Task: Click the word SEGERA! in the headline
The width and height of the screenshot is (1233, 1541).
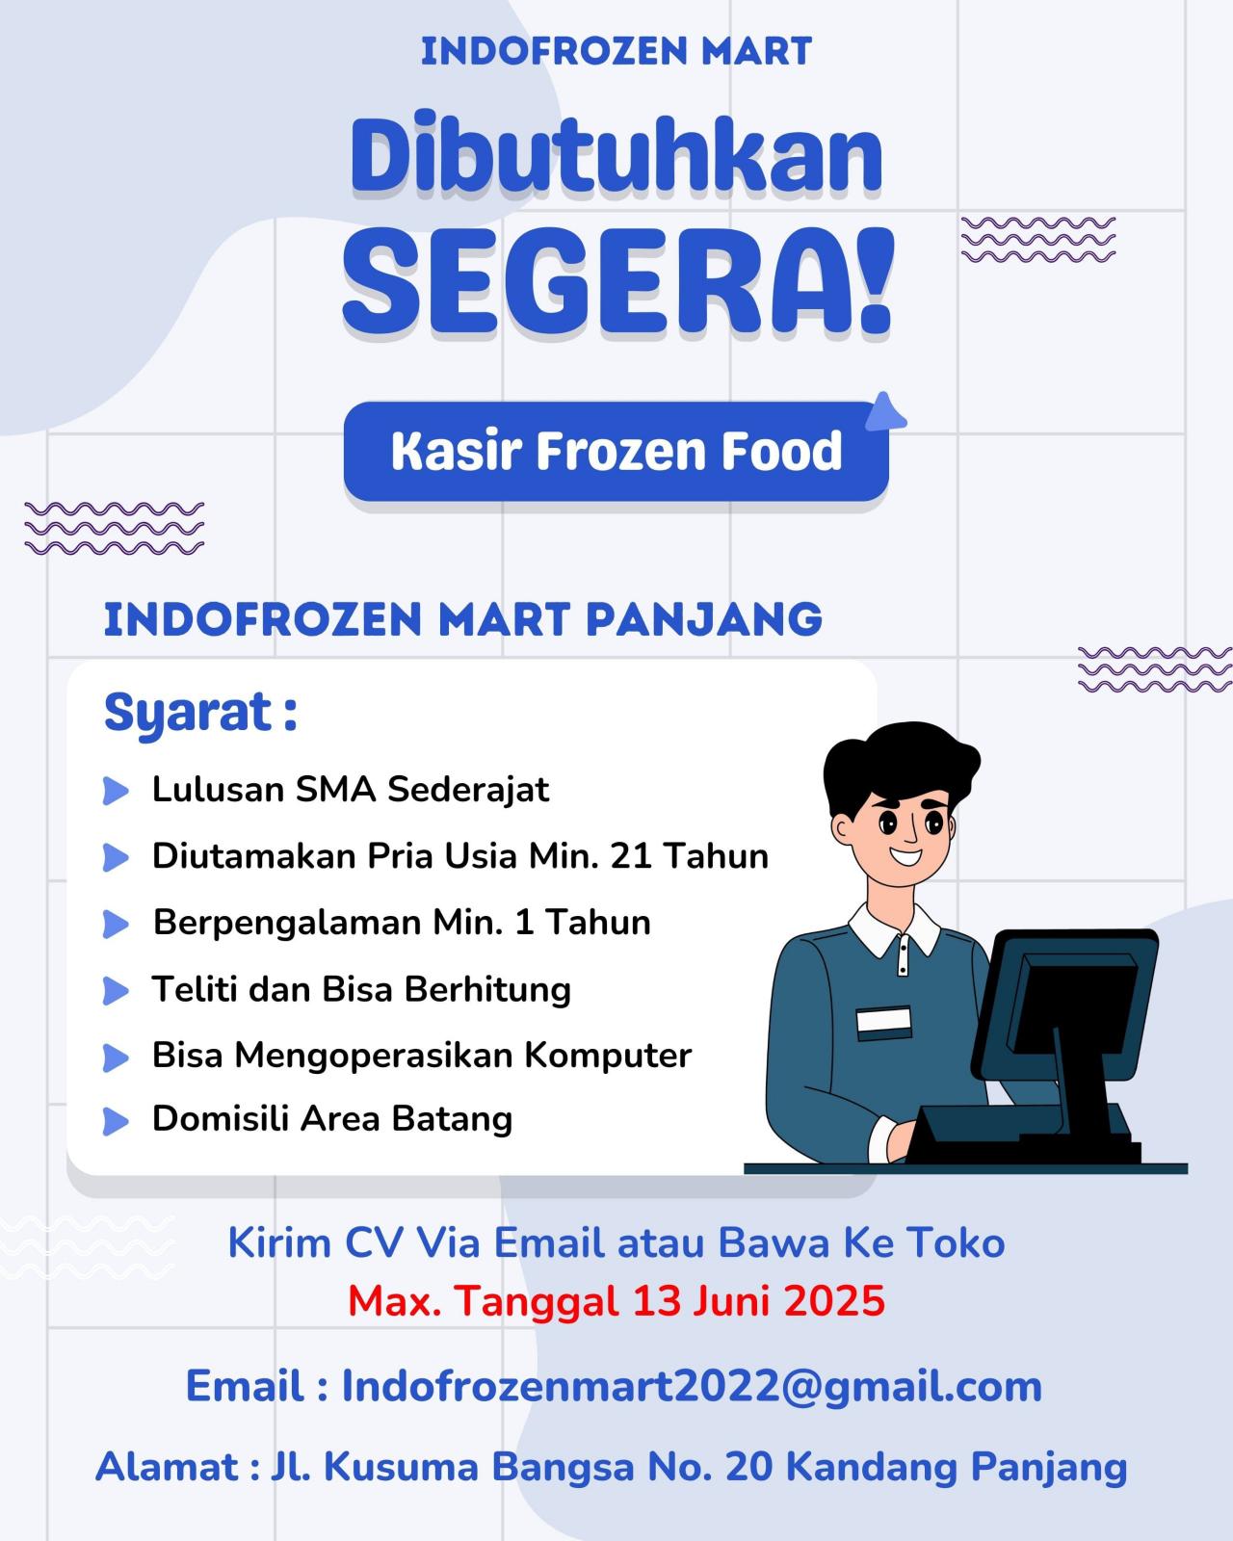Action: point(618,281)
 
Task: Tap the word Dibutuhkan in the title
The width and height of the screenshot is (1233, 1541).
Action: point(616,153)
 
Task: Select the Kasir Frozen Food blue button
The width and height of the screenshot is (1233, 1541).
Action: point(616,451)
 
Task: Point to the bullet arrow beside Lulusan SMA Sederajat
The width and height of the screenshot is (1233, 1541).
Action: point(116,792)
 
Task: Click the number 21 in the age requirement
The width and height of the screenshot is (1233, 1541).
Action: point(631,856)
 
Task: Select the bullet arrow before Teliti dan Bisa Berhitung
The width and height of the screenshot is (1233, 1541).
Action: point(116,991)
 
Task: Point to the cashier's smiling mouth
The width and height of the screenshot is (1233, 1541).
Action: point(907,855)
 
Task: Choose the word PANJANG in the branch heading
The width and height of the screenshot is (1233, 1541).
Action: point(704,619)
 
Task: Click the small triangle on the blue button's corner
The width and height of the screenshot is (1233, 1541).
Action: point(885,412)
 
